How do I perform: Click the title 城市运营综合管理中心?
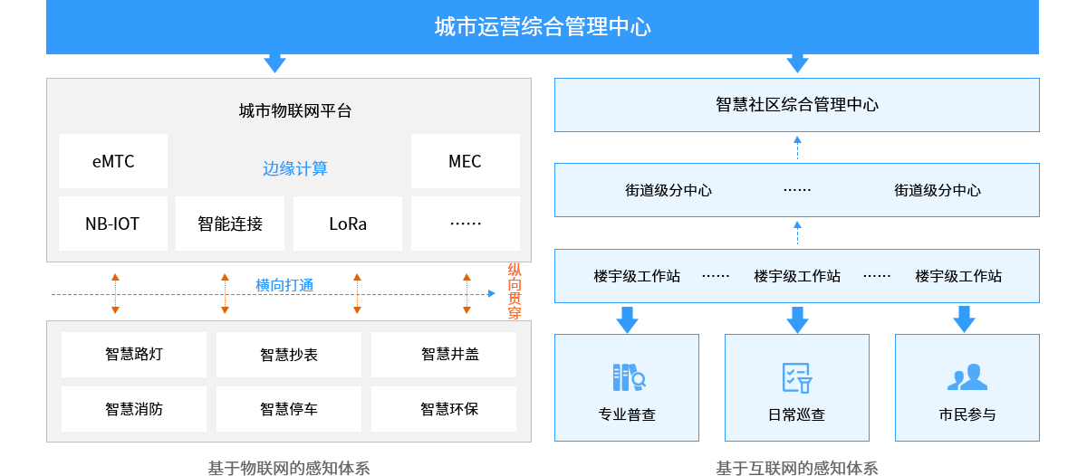coord(543,27)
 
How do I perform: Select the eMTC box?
coord(113,161)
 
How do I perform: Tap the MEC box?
coord(465,161)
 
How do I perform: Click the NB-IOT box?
coord(113,224)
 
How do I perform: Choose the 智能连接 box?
coord(230,224)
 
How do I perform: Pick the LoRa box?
coord(348,224)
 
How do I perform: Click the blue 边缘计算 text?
coord(295,168)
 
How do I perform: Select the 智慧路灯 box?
coord(134,354)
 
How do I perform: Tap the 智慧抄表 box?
coord(289,355)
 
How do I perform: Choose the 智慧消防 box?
coord(134,409)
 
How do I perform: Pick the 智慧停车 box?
coord(289,409)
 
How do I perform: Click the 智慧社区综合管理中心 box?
coord(797,105)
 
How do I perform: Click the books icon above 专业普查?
coord(627,376)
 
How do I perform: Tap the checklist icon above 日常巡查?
coord(797,376)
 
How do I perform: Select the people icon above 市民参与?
coord(967,376)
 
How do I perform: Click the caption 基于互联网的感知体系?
coord(797,468)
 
